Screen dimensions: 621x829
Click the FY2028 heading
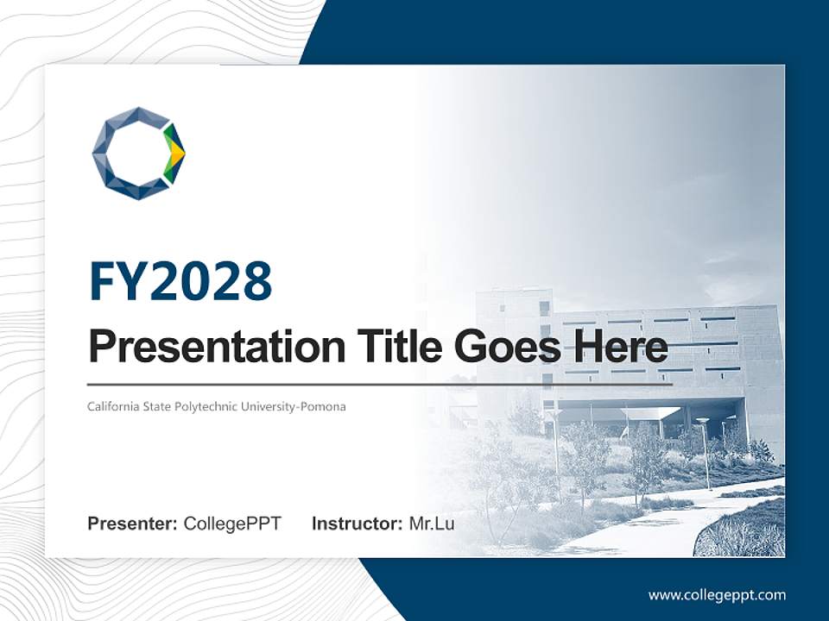(180, 282)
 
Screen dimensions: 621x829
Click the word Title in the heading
(393, 348)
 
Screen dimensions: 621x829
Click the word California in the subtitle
(112, 406)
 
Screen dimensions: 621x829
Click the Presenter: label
(133, 524)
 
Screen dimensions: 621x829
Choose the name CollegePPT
(232, 524)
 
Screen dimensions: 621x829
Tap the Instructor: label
(357, 524)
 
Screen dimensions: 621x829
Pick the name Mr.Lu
(432, 524)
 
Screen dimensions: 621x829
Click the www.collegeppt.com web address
(717, 594)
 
